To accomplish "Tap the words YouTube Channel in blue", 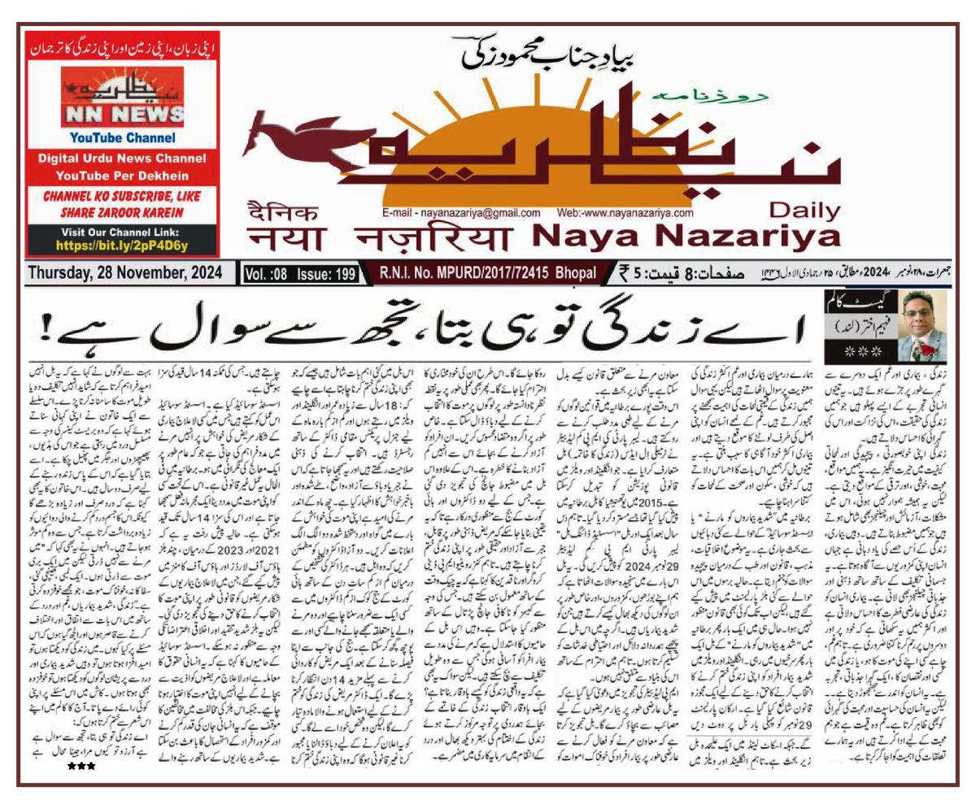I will (x=122, y=137).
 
